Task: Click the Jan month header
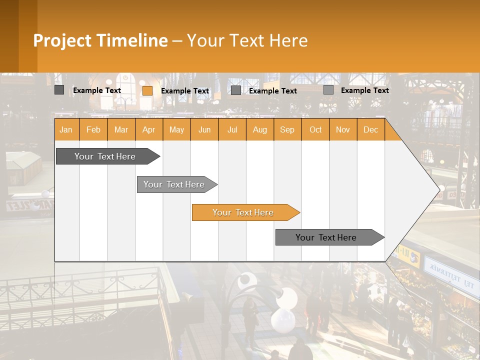click(66, 129)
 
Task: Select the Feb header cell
click(93, 129)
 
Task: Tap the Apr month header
click(149, 129)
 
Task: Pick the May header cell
click(176, 129)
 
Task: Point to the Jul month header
click(232, 129)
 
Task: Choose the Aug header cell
click(260, 129)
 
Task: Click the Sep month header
click(287, 129)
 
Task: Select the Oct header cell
click(315, 129)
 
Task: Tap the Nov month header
click(343, 129)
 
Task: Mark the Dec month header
click(371, 129)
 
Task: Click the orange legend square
click(147, 90)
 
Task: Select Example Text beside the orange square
click(185, 91)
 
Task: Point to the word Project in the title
click(62, 40)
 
